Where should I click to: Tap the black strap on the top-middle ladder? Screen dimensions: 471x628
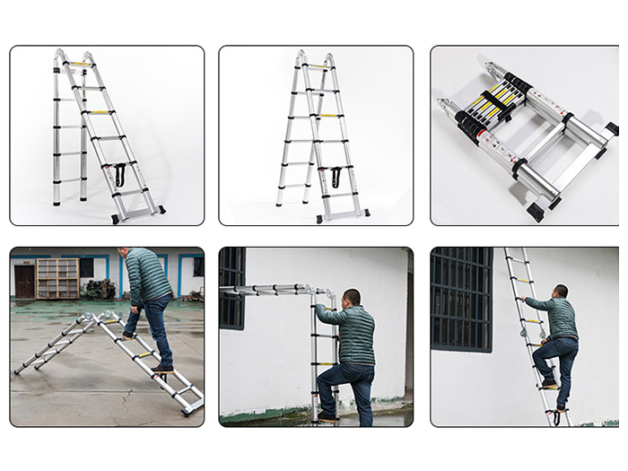(x=336, y=177)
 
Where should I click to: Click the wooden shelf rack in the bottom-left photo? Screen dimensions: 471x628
(x=57, y=278)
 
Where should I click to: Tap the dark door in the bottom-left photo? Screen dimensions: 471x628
(x=24, y=282)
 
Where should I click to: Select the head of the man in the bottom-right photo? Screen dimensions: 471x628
(x=560, y=292)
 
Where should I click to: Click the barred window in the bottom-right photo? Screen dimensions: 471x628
(x=460, y=299)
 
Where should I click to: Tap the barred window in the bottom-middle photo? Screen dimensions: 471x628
(x=231, y=287)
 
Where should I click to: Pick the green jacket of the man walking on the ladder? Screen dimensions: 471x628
(x=147, y=277)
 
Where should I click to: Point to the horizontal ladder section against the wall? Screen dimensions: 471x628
(x=269, y=289)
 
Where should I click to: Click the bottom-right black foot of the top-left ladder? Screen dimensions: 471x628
(x=161, y=210)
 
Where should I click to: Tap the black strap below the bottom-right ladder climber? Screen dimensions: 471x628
(x=558, y=415)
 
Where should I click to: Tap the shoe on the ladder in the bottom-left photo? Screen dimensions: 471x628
(x=162, y=367)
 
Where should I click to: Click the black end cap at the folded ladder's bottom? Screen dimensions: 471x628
(x=536, y=212)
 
